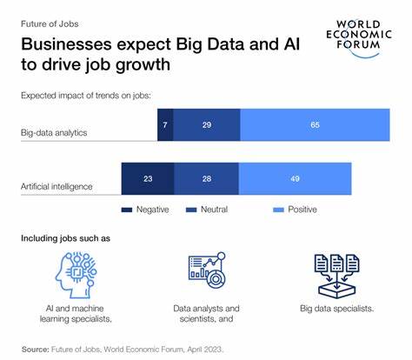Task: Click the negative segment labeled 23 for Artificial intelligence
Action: tap(147, 178)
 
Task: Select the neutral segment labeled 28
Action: tap(205, 178)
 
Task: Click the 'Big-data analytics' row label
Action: tap(59, 133)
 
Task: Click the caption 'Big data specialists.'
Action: tap(336, 307)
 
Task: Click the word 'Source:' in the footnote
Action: tap(36, 348)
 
